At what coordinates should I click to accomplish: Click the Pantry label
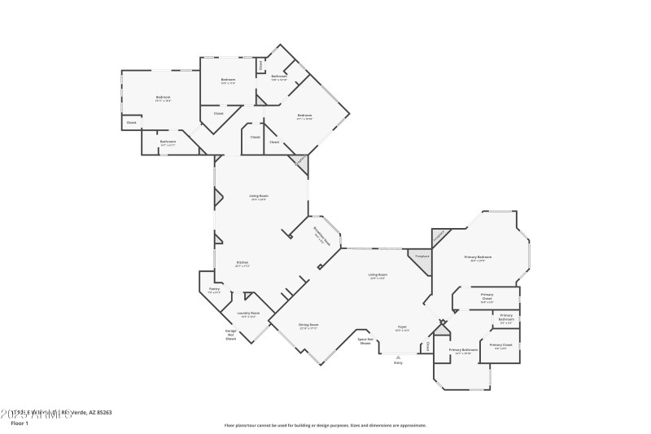click(x=215, y=290)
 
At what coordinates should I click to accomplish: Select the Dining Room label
click(x=309, y=326)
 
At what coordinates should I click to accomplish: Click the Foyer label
click(x=402, y=328)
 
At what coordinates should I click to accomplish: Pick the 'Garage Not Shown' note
click(x=230, y=335)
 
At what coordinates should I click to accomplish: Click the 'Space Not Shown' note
click(x=365, y=341)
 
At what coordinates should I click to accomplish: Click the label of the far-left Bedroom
click(x=163, y=99)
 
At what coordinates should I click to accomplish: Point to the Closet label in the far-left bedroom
click(x=131, y=123)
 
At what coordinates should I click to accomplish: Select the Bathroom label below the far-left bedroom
click(x=168, y=142)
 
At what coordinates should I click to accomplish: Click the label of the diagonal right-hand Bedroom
click(x=304, y=116)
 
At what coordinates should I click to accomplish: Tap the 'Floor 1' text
click(x=19, y=423)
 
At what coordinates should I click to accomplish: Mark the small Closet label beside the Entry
click(x=428, y=346)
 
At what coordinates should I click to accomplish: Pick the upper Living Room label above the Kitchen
click(x=259, y=196)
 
